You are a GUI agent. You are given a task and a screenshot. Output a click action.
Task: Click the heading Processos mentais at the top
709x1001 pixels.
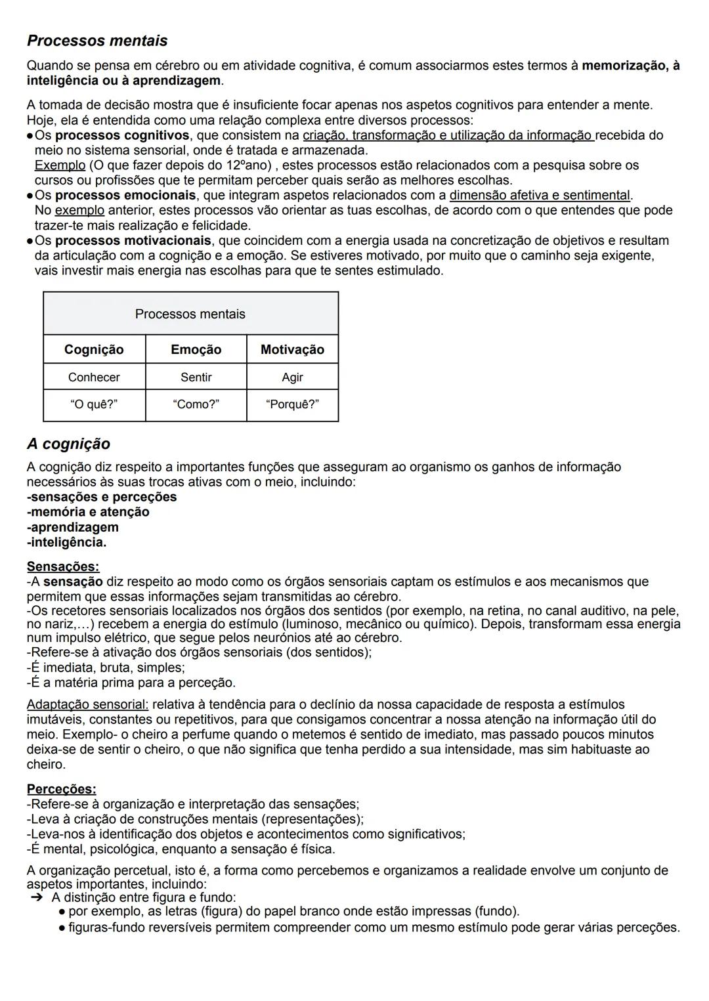coord(97,41)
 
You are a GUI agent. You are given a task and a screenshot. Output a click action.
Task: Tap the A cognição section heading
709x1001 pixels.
coord(68,444)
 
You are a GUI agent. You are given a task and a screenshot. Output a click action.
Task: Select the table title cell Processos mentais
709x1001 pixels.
coord(190,314)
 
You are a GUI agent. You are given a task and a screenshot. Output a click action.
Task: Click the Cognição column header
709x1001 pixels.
coord(94,349)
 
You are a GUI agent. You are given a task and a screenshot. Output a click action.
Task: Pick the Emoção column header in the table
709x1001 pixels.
coord(196,349)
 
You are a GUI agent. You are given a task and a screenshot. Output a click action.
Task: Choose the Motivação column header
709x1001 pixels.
coord(292,349)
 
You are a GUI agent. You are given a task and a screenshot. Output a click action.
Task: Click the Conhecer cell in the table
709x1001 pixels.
coord(94,377)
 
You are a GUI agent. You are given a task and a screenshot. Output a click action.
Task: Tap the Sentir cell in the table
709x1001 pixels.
coord(196,377)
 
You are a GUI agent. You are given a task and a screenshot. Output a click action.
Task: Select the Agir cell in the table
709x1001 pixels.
coord(292,377)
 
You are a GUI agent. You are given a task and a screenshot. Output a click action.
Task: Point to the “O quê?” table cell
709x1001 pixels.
coord(94,404)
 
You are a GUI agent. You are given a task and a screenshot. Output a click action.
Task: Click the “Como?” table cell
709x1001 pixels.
coord(196,404)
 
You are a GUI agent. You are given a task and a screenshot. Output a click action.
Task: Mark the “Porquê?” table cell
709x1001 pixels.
coord(292,404)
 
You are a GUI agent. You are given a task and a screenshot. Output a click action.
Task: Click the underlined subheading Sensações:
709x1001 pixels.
coord(63,566)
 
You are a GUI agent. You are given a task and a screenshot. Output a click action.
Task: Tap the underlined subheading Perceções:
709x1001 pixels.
coord(61,789)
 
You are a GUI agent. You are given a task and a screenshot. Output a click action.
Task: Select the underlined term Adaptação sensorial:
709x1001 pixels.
coord(88,704)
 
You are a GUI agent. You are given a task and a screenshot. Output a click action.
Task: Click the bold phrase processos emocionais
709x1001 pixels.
coord(125,195)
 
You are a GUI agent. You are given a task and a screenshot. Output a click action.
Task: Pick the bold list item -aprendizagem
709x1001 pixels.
coord(73,527)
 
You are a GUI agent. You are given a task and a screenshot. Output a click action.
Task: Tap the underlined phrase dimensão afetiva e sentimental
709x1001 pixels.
coord(539,195)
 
